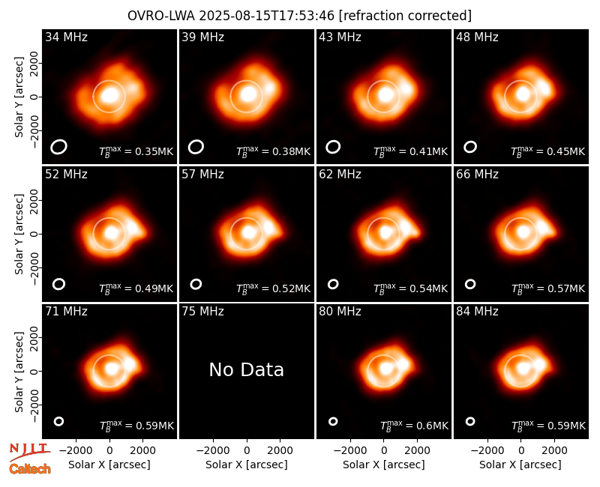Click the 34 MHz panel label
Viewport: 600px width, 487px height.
(x=66, y=37)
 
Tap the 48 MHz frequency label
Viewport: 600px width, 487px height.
(x=477, y=37)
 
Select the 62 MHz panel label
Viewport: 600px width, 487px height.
(x=340, y=175)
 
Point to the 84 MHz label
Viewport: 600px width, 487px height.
(x=477, y=312)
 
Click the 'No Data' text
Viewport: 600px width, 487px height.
(x=247, y=369)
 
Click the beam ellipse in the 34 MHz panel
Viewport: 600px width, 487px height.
(x=59, y=147)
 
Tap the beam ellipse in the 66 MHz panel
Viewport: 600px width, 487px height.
(x=470, y=284)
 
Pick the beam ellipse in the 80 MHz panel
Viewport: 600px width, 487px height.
(x=333, y=421)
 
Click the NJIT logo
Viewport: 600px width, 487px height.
(x=30, y=451)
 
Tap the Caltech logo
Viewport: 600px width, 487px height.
(x=30, y=469)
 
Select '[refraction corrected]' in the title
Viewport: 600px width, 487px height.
(x=405, y=16)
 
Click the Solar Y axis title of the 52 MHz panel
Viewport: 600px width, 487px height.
(x=19, y=234)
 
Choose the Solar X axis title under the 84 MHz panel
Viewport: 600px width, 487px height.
(x=520, y=465)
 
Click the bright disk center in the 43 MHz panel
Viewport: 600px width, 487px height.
(x=385, y=94)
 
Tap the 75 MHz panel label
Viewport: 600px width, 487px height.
(x=202, y=312)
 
